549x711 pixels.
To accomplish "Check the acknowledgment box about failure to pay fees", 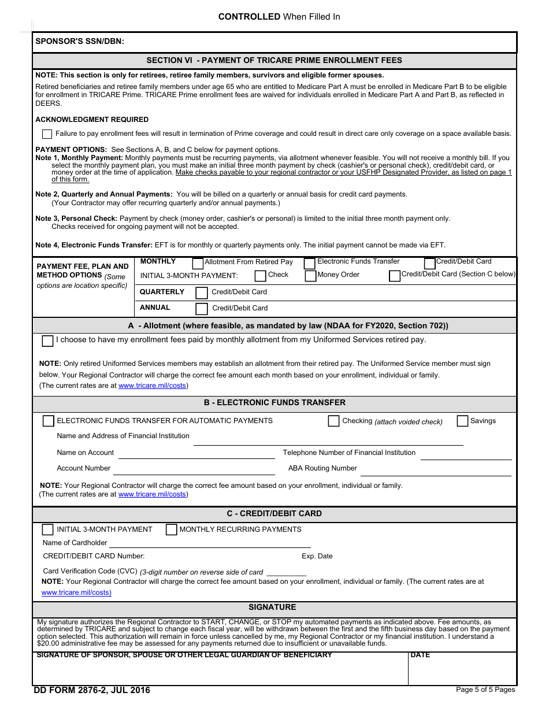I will point(47,134).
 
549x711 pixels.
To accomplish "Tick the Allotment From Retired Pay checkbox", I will point(198,264).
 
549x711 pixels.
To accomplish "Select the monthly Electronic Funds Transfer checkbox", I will point(310,264).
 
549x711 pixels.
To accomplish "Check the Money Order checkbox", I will point(310,276).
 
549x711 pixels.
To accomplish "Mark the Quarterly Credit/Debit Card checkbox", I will point(202,293).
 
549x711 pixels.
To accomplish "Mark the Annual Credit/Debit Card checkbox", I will point(202,309).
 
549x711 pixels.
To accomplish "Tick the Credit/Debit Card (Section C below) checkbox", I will point(395,276).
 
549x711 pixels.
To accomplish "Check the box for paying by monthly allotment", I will point(47,341).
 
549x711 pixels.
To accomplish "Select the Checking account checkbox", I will point(333,421).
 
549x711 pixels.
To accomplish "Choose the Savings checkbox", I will point(462,421).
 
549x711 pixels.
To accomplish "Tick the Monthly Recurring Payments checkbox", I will point(171,529).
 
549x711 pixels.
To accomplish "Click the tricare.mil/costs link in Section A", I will point(153,386).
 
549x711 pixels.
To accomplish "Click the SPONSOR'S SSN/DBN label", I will point(80,41).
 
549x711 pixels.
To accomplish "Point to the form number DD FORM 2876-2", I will point(91,690).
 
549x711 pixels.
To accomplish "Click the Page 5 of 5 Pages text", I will point(485,690).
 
